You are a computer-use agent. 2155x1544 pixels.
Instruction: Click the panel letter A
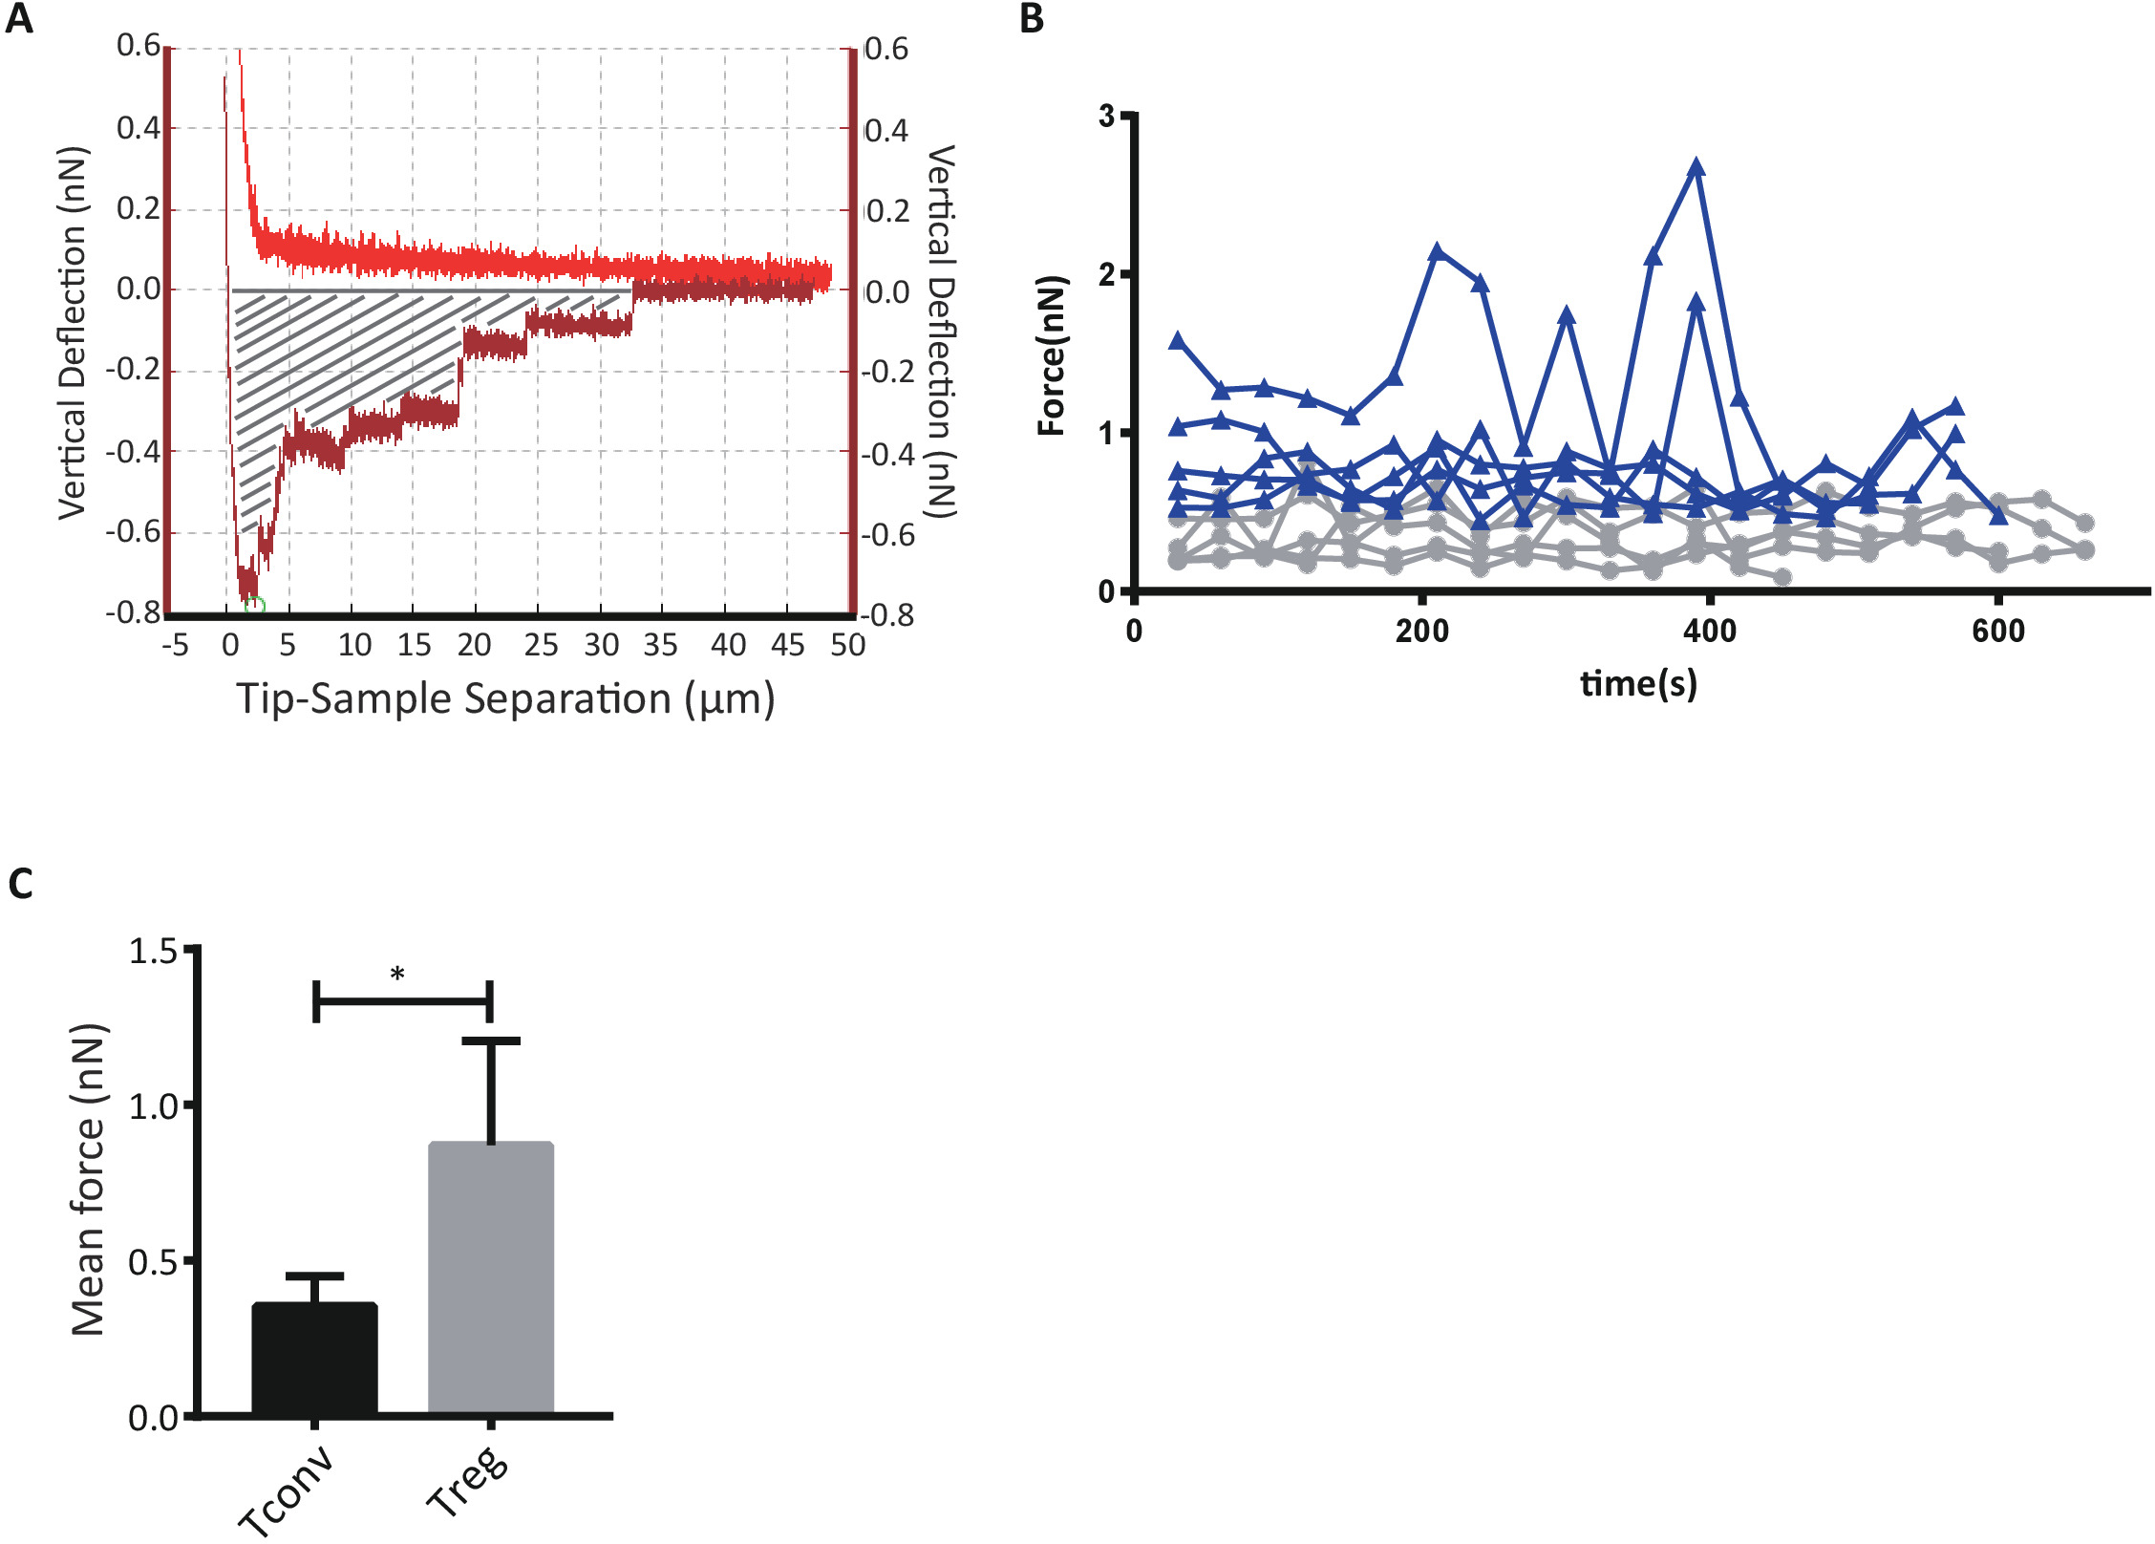tap(19, 19)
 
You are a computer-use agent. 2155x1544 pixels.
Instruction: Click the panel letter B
tap(1032, 19)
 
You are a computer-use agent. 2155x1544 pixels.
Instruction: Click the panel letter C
tap(20, 884)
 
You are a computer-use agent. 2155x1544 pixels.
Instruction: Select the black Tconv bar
tap(314, 1358)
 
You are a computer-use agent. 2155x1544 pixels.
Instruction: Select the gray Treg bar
tap(491, 1277)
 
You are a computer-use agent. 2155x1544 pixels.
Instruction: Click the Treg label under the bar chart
tap(467, 1482)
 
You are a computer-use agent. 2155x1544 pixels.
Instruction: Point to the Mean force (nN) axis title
tap(88, 1180)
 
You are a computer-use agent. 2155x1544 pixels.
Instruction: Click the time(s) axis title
tap(1638, 684)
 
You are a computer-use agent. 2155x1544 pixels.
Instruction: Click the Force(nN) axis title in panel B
tap(1051, 356)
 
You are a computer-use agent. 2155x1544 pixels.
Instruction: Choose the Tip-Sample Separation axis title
tap(505, 698)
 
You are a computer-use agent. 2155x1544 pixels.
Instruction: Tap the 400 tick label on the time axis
tap(1709, 632)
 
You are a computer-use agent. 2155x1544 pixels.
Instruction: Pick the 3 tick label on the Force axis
tap(1107, 117)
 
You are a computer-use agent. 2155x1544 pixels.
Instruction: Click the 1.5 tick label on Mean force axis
tap(154, 952)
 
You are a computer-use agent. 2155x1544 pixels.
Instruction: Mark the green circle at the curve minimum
tap(254, 606)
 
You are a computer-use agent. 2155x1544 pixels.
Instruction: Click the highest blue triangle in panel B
tap(1696, 167)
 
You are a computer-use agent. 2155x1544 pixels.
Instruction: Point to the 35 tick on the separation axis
tap(660, 646)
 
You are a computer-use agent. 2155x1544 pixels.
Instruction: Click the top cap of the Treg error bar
tap(491, 1040)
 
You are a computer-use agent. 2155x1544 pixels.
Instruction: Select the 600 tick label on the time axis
tap(1997, 632)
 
